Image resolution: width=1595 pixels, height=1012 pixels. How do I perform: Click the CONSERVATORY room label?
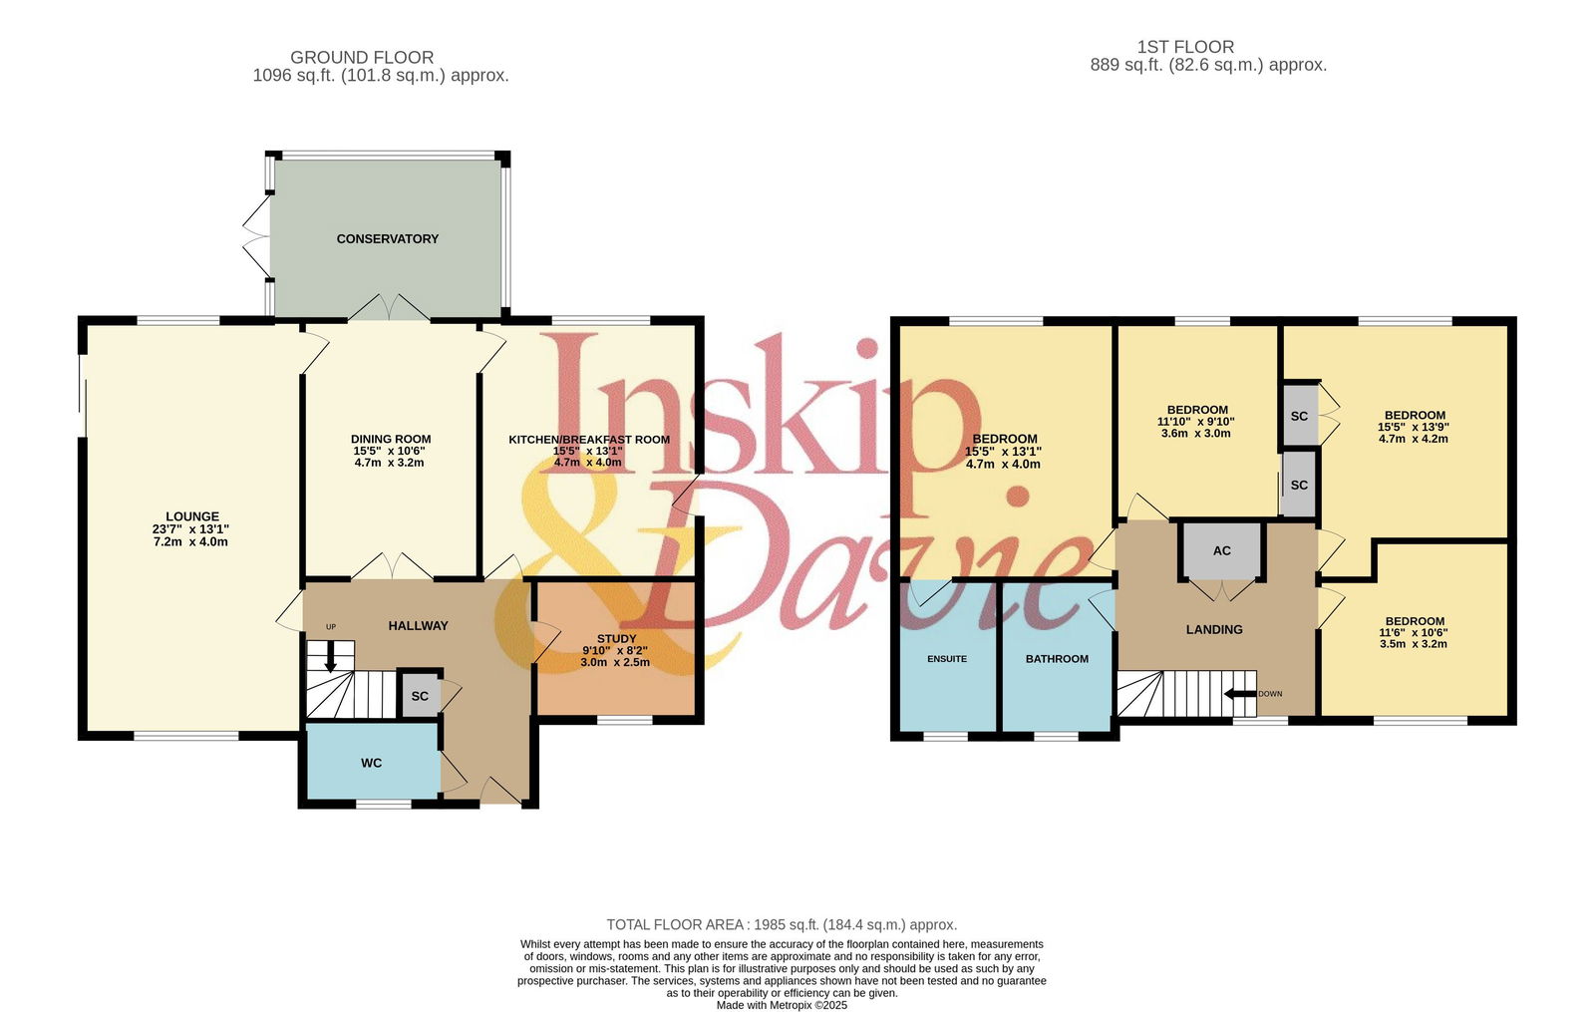[388, 239]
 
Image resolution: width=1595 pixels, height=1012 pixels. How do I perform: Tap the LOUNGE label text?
[192, 516]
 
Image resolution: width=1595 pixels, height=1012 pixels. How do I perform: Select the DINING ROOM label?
[390, 440]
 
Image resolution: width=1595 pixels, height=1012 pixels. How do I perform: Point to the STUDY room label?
[616, 639]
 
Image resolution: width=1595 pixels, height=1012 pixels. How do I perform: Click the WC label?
[371, 764]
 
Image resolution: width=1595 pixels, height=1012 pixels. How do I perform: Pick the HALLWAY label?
[418, 626]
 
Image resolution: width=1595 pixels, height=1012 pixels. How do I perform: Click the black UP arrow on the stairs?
[330, 657]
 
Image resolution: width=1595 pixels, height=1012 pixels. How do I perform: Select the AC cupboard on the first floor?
[1222, 549]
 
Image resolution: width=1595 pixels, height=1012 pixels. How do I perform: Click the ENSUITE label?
[947, 659]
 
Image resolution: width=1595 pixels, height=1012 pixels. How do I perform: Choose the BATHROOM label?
[1057, 659]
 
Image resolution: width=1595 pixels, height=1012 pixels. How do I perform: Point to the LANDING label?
[1214, 629]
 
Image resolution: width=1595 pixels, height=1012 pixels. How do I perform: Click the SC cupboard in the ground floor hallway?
[420, 695]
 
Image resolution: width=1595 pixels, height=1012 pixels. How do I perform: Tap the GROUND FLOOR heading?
[362, 57]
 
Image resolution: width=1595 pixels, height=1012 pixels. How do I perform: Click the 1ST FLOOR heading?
[1185, 47]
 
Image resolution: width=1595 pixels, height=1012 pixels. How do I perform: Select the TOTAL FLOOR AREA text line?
[782, 924]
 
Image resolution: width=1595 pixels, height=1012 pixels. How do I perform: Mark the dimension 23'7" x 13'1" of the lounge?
[190, 529]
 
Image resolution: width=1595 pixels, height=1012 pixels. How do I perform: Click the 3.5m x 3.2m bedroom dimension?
[1414, 644]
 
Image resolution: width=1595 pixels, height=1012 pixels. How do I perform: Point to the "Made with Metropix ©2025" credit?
[782, 1006]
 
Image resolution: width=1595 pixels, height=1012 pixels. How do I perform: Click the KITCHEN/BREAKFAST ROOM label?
[589, 440]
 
